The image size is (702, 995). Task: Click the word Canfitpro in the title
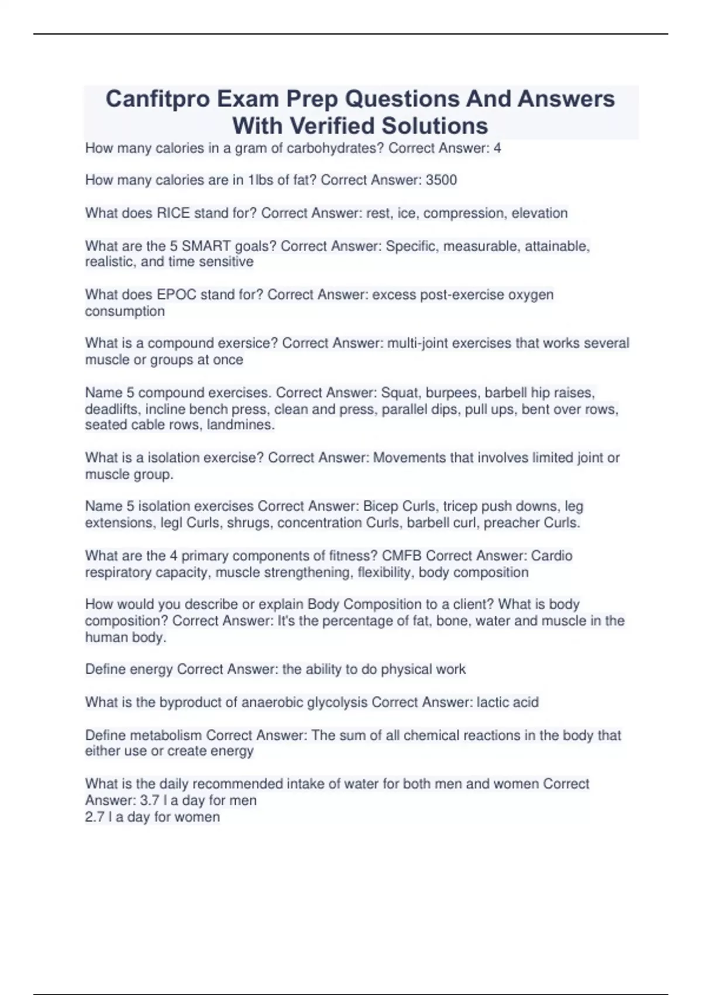[157, 99]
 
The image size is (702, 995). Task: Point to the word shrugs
[249, 523]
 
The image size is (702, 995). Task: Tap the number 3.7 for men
[150, 801]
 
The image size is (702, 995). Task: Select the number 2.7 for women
[95, 817]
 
